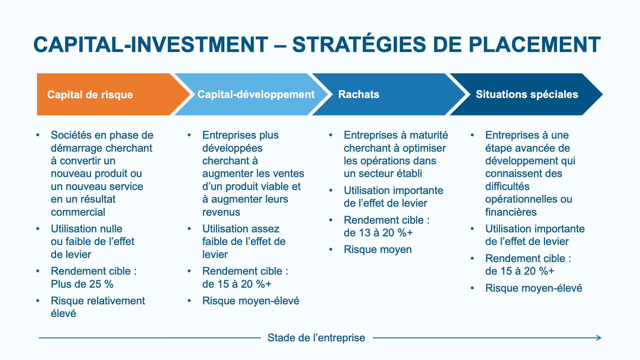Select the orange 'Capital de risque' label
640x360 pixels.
click(90, 95)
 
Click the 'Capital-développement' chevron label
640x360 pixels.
click(256, 94)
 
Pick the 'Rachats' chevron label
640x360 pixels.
click(359, 94)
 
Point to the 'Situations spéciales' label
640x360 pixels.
click(527, 94)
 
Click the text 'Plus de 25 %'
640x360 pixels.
click(82, 284)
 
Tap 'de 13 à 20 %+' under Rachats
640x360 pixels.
click(378, 233)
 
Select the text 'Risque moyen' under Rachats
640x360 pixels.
click(378, 250)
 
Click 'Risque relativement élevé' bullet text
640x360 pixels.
click(98, 307)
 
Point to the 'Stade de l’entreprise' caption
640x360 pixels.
click(316, 338)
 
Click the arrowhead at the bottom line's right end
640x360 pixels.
click(599, 338)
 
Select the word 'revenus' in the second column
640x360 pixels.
click(221, 212)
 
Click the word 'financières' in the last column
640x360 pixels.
click(511, 212)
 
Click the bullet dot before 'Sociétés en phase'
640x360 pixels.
click(38, 135)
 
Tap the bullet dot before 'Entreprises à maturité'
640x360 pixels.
click(331, 135)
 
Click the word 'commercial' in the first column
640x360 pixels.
click(78, 212)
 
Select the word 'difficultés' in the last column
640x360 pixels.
click(507, 186)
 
